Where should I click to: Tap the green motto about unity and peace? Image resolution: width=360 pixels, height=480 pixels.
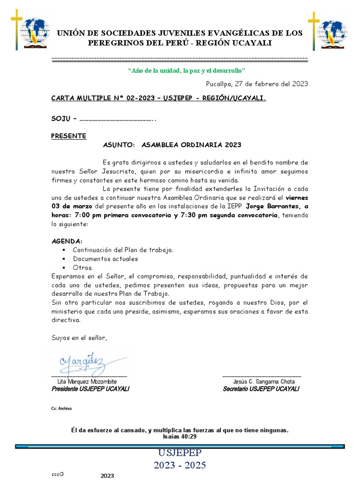click(x=186, y=70)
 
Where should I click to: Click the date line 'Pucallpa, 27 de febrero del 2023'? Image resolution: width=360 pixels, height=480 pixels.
click(x=257, y=84)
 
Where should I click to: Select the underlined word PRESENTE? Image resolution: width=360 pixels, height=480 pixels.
click(x=68, y=136)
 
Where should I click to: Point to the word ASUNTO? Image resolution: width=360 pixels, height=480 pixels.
click(x=119, y=145)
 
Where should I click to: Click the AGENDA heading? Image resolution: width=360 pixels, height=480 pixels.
click(x=67, y=241)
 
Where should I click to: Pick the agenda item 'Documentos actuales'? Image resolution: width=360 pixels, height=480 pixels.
click(x=105, y=259)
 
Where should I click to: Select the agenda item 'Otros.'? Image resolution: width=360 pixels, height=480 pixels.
click(x=83, y=268)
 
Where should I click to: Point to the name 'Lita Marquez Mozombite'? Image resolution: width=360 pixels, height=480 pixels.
click(x=87, y=382)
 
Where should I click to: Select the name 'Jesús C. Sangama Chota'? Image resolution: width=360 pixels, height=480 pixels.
click(x=264, y=382)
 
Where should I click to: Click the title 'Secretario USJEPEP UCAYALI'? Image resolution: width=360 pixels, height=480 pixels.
click(x=261, y=389)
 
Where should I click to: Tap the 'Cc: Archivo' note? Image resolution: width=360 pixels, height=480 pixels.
click(x=61, y=409)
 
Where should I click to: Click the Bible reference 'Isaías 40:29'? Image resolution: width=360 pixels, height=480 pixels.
click(x=180, y=436)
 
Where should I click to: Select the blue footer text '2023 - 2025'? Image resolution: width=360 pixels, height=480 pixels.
click(x=180, y=465)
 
